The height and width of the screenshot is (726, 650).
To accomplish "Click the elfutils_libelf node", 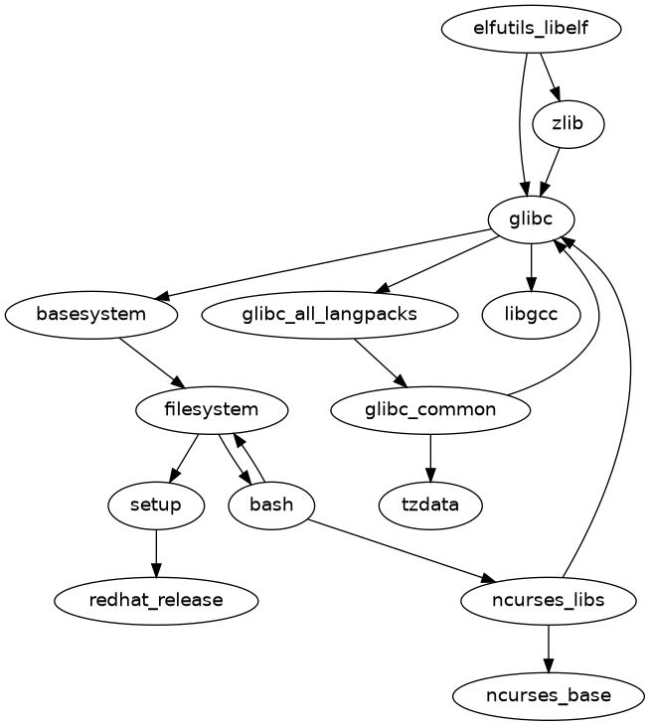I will click(532, 29).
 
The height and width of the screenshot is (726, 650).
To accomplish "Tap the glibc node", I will click(532, 219).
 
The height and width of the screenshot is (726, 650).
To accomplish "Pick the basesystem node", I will click(91, 315).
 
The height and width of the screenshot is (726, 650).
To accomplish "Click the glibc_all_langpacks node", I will click(329, 315).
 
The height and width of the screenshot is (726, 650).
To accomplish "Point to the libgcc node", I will click(532, 315).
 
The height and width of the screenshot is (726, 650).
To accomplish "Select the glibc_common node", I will click(430, 409).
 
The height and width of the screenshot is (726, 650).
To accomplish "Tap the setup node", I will click(156, 505).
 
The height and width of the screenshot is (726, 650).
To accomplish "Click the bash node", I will click(271, 505).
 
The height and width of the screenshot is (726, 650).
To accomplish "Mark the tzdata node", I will click(430, 505).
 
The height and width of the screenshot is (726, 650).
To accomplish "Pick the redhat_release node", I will click(156, 600).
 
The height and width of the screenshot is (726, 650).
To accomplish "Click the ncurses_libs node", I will click(549, 600).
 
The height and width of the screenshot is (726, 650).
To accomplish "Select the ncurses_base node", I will click(549, 695).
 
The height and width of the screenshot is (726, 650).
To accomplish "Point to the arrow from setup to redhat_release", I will click(156, 552).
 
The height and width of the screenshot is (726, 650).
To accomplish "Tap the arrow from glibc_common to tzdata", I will click(430, 457).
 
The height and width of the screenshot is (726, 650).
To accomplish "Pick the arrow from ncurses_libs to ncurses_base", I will click(549, 648).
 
